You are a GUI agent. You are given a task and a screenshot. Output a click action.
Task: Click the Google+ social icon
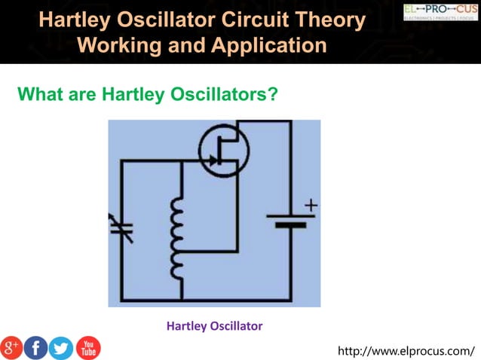tap(11, 348)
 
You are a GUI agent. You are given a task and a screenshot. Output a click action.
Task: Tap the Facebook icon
tap(36, 348)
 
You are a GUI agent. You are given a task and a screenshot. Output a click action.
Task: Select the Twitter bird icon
tap(61, 348)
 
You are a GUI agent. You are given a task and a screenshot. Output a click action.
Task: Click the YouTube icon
tap(87, 348)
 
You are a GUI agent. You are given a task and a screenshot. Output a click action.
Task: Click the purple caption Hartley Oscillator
tap(214, 326)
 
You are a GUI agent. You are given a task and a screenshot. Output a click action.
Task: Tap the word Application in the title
tap(268, 44)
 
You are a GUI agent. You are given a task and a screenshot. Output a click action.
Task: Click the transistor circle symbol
tap(223, 151)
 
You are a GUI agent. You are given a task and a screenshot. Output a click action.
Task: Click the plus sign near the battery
tap(311, 205)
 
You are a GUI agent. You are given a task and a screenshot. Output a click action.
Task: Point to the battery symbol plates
tap(290, 220)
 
